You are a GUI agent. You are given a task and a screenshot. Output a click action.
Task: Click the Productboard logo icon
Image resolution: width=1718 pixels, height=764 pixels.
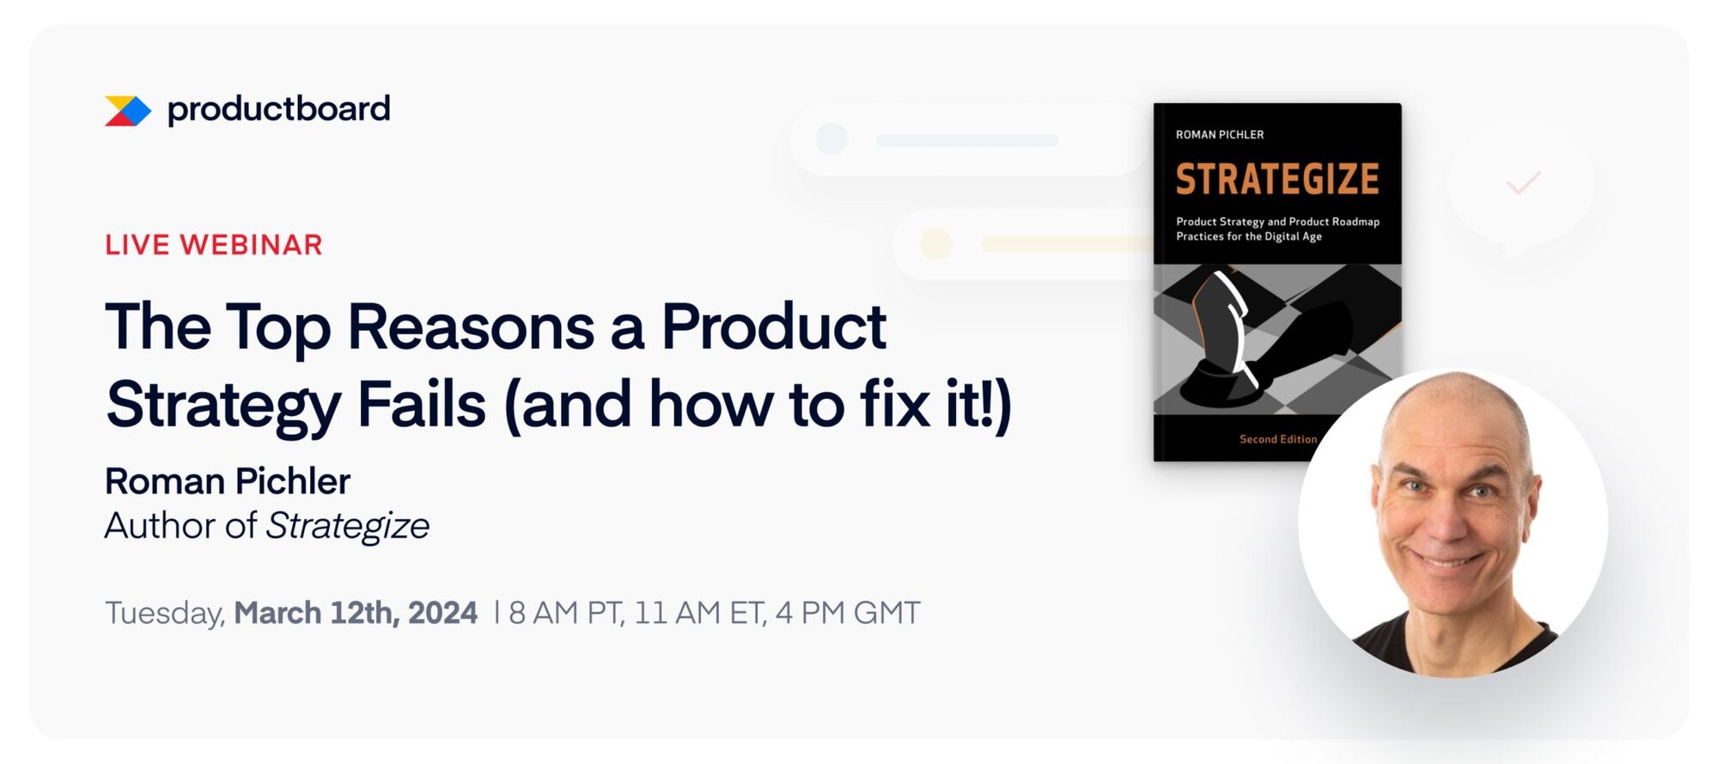tap(127, 111)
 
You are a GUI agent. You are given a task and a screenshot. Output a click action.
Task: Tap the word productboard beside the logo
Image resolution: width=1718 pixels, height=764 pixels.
tap(278, 109)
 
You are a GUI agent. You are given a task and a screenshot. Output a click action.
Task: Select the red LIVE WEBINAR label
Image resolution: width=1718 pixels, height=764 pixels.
tap(214, 245)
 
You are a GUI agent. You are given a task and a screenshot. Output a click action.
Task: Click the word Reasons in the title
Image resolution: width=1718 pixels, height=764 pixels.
tap(470, 327)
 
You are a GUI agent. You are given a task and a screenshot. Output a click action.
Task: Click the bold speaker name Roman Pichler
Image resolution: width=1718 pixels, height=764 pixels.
tap(228, 481)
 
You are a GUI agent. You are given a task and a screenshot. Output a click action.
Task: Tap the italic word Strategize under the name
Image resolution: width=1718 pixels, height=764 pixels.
tap(348, 526)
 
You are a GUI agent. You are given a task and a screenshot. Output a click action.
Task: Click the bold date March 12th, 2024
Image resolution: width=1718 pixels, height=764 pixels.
tap(356, 613)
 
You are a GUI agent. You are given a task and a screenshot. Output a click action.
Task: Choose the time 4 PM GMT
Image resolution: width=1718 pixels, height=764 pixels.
tap(847, 613)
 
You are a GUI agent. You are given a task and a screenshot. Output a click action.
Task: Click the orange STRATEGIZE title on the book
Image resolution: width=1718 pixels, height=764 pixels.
tap(1277, 180)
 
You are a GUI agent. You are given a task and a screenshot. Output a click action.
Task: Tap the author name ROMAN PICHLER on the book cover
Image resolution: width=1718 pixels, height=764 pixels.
tap(1220, 135)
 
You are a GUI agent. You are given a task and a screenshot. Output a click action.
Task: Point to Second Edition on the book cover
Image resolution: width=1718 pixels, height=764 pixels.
tap(1277, 439)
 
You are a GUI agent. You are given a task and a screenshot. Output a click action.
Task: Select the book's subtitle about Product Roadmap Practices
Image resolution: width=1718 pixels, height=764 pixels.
tap(1277, 229)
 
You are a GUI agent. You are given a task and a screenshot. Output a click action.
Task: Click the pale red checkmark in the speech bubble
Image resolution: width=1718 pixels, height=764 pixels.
tap(1523, 182)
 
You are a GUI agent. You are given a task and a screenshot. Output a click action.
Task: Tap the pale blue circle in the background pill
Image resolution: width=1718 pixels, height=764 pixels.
tap(832, 138)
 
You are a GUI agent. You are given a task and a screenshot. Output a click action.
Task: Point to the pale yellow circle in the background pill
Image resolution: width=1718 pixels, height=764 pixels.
tap(935, 244)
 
